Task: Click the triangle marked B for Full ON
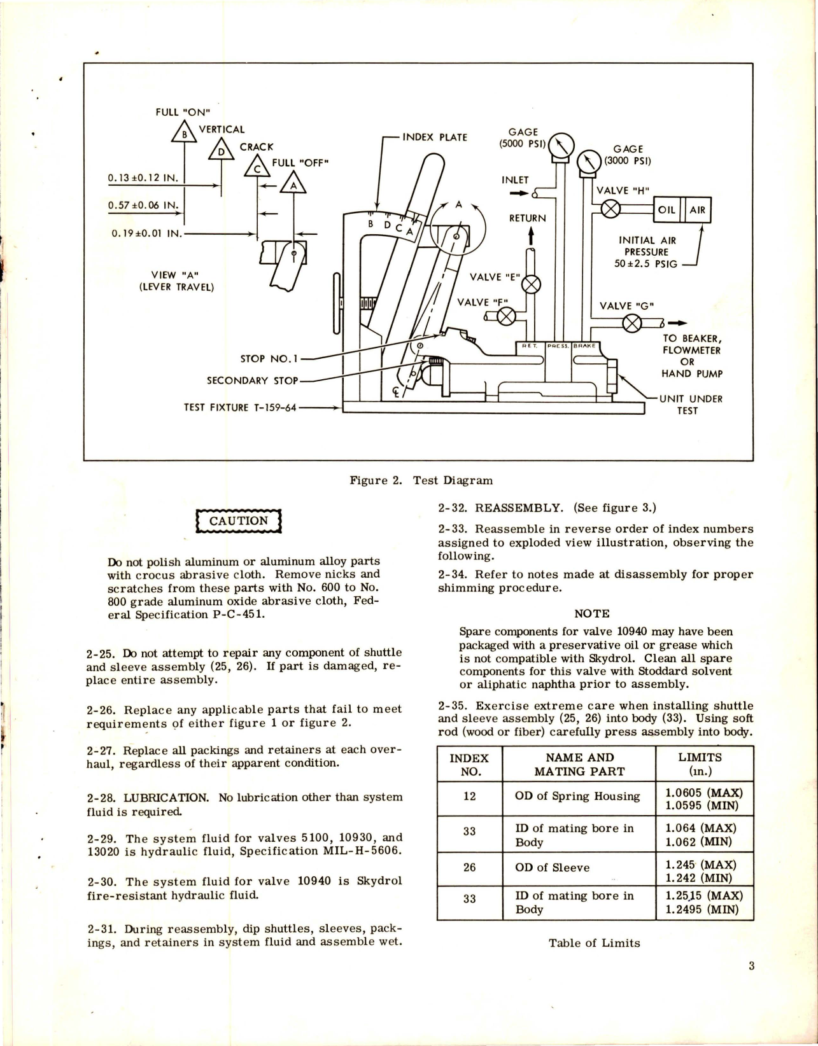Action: pyautogui.click(x=185, y=133)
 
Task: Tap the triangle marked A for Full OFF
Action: pyautogui.click(x=293, y=184)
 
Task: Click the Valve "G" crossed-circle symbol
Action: pyautogui.click(x=631, y=324)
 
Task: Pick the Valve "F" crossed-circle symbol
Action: pyautogui.click(x=506, y=316)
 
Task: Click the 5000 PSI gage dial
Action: pyautogui.click(x=560, y=146)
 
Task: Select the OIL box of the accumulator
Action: pyautogui.click(x=666, y=210)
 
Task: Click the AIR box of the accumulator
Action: pyautogui.click(x=697, y=210)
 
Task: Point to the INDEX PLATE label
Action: pyautogui.click(x=435, y=137)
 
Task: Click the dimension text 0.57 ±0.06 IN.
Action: pyautogui.click(x=143, y=206)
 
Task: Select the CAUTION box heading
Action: pyautogui.click(x=239, y=521)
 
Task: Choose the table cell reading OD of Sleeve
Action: pyautogui.click(x=552, y=868)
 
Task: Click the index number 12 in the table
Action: pyautogui.click(x=469, y=797)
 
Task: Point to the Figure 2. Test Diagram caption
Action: pyautogui.click(x=421, y=480)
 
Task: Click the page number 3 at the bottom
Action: pyautogui.click(x=751, y=966)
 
